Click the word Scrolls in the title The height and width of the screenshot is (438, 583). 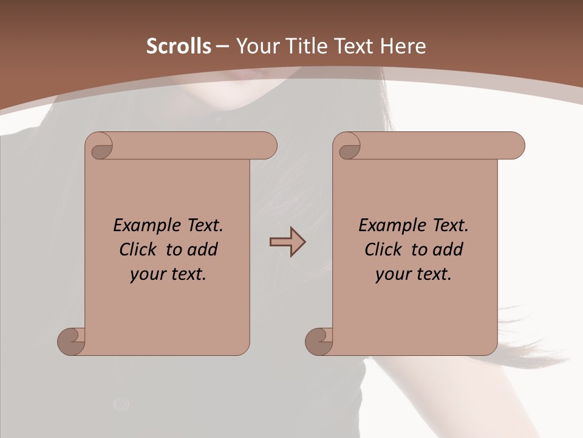[x=179, y=46]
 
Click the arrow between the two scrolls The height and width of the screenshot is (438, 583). [x=287, y=242]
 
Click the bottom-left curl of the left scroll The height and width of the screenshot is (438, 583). [x=71, y=342]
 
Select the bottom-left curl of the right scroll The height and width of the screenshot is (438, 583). [x=319, y=342]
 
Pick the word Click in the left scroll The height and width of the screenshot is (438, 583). [x=134, y=249]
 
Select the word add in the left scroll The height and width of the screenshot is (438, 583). [x=203, y=249]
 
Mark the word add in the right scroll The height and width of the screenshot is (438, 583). [x=448, y=249]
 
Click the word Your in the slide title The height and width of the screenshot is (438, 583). [x=254, y=46]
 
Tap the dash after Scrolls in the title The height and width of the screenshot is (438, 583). [x=222, y=46]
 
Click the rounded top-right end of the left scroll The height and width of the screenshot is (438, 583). [x=268, y=146]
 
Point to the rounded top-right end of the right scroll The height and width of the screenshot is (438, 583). [x=516, y=146]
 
